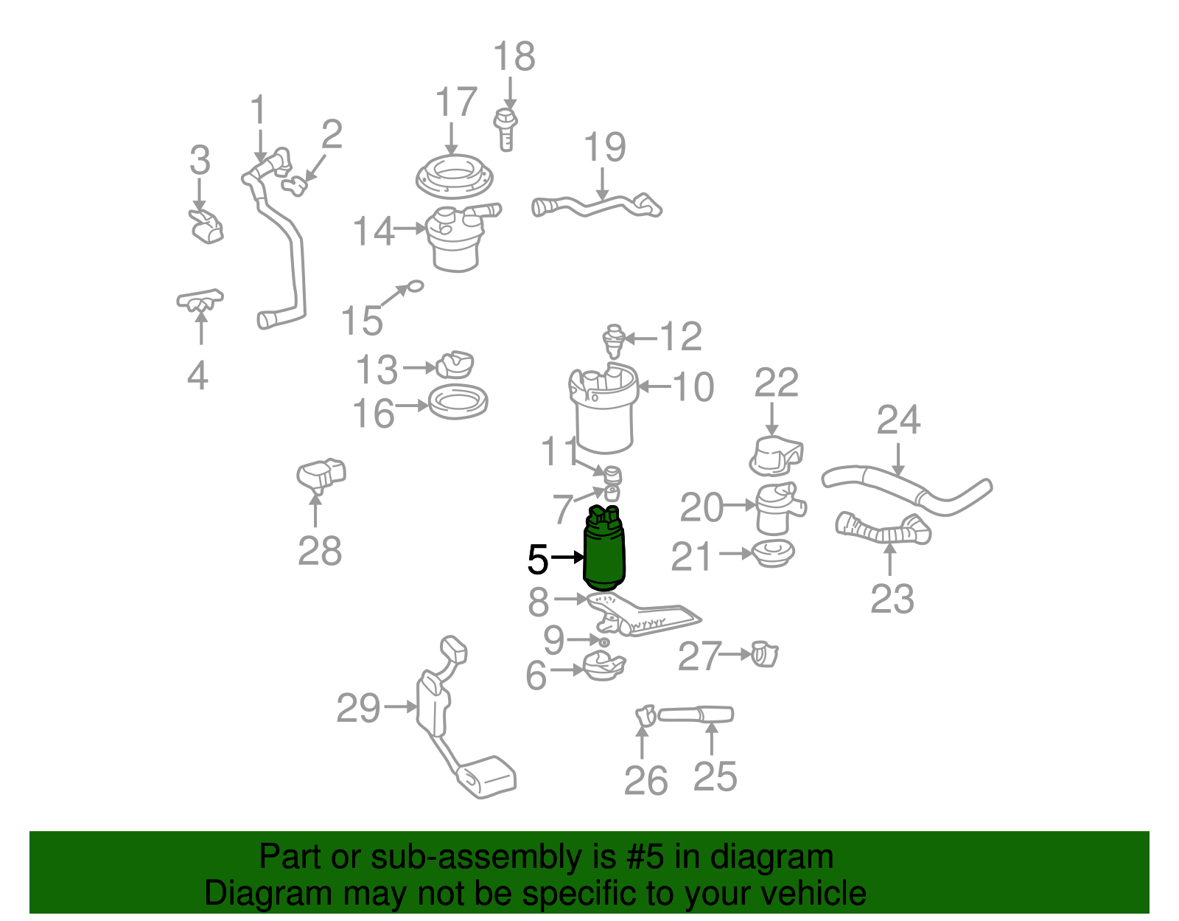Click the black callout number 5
coord(538,560)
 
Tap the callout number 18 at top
coord(514,57)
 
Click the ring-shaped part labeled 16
coord(458,403)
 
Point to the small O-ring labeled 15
coord(416,285)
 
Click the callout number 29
coord(358,709)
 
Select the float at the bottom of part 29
coord(487,777)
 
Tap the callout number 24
coord(898,420)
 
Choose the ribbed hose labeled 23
coord(883,529)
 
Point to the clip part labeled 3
coord(206,225)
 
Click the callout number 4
coord(197,375)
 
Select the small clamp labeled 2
coord(295,184)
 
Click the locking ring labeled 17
coord(454,177)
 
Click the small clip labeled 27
coord(765,654)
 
